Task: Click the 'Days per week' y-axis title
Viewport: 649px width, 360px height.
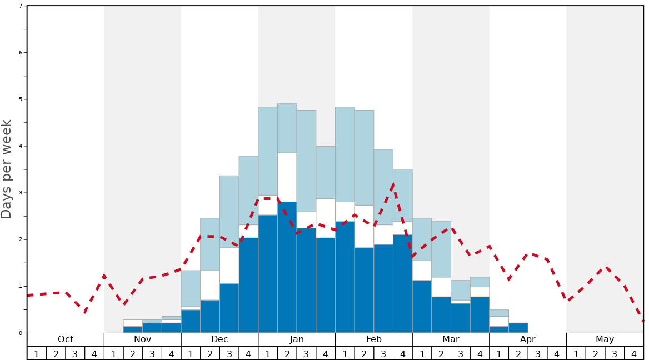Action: [x=7, y=169]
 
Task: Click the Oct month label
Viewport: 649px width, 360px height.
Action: [x=66, y=339]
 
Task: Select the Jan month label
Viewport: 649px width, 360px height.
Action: [x=297, y=339]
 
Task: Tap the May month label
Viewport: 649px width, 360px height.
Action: [x=605, y=339]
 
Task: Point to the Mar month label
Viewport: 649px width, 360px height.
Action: [x=451, y=339]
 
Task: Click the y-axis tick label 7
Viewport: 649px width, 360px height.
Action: [x=21, y=6]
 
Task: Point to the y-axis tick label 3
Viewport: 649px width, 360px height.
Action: [x=21, y=193]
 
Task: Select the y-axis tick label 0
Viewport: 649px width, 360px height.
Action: [x=21, y=333]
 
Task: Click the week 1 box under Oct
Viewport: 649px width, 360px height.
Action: [x=37, y=353]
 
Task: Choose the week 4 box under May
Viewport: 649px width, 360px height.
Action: [x=634, y=353]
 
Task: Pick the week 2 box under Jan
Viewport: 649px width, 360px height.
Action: [x=287, y=353]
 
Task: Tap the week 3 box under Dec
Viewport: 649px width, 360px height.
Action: [x=229, y=353]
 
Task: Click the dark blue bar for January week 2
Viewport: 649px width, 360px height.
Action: [x=287, y=267]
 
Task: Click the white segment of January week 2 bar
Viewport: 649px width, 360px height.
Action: [x=287, y=177]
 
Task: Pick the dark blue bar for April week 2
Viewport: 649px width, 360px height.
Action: [x=518, y=328]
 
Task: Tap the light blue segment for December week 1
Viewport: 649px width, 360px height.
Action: [x=191, y=288]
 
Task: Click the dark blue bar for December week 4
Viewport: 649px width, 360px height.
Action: [x=248, y=285]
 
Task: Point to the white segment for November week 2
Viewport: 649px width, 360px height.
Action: [x=133, y=323]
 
